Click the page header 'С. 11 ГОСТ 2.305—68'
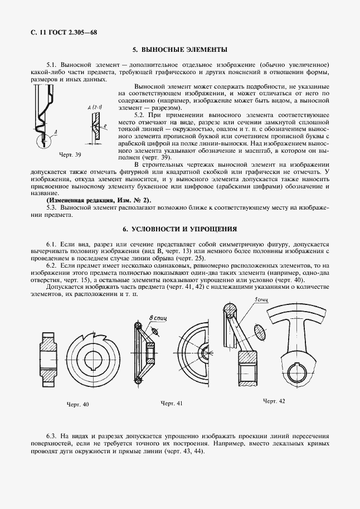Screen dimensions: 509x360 click(61, 33)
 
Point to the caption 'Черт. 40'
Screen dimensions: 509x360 click(77, 404)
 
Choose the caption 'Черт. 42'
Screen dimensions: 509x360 click(274, 401)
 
